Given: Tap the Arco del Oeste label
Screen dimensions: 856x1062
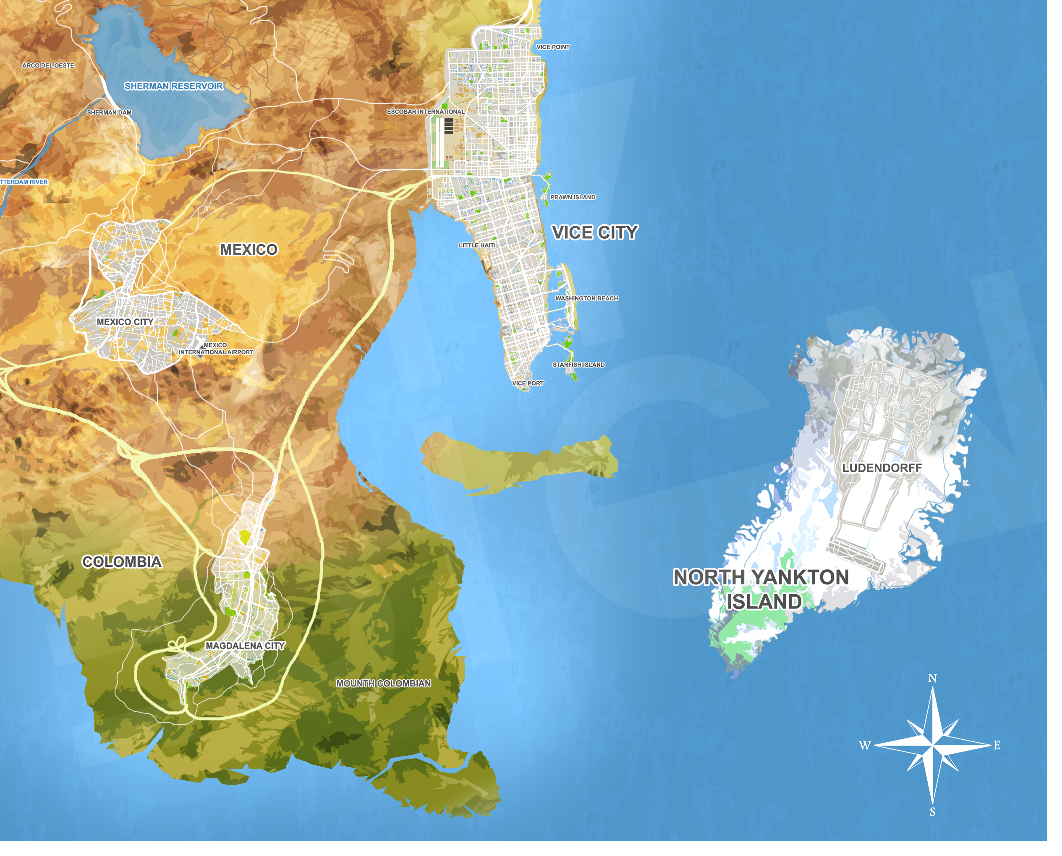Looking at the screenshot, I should (x=48, y=65).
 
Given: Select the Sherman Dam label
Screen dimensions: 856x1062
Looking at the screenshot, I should (x=109, y=112).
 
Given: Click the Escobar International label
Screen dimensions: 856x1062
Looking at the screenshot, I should (x=425, y=112).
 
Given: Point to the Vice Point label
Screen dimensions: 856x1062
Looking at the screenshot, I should (x=552, y=47).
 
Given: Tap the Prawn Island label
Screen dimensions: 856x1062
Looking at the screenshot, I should (x=572, y=197).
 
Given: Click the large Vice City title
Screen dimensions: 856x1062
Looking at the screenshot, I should (x=594, y=233).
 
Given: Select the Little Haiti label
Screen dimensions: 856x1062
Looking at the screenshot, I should (x=476, y=245).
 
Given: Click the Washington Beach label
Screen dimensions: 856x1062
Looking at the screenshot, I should (x=586, y=298).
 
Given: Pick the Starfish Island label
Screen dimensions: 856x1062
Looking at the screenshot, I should (x=578, y=364).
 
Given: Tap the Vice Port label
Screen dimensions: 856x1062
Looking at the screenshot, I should (x=527, y=383).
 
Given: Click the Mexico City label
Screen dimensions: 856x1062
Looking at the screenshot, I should (x=125, y=321).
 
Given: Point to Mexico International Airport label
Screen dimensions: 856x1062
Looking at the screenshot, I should (x=216, y=349).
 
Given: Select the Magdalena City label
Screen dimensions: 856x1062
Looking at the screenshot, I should (x=245, y=645).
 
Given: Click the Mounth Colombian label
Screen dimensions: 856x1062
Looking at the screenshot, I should (x=383, y=684).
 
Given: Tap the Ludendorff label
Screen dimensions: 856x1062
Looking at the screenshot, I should (x=882, y=467).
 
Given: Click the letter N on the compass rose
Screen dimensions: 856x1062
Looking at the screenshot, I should (x=932, y=679).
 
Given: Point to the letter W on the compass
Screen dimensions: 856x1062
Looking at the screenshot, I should (x=865, y=745).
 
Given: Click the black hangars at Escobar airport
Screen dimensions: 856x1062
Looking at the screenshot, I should (x=448, y=126).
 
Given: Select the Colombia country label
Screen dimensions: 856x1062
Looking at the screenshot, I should (x=122, y=561).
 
